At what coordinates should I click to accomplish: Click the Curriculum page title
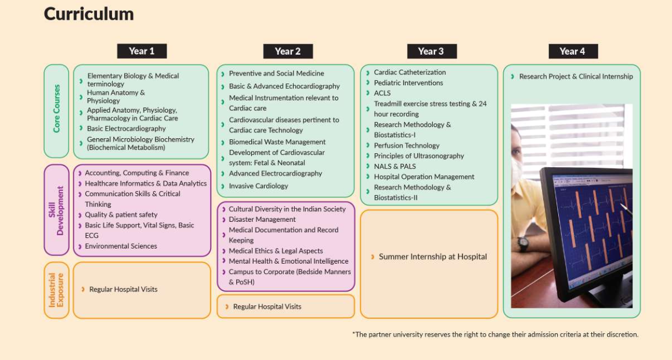coord(89,14)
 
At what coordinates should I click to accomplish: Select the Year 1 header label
coord(142,51)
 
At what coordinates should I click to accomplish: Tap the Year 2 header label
coord(288,52)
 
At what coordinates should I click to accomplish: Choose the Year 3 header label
coord(432,52)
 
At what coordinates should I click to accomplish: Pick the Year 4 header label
coord(573,52)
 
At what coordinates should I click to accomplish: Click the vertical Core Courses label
coord(56,109)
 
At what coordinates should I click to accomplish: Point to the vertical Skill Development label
coord(56,210)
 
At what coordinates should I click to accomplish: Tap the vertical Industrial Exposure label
coord(56,290)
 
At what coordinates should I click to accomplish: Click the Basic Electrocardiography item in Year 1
coord(126,128)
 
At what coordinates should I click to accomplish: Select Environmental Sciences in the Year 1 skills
coord(121,246)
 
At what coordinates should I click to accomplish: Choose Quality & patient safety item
coord(121,215)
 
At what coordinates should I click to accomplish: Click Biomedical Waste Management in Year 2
coord(277,142)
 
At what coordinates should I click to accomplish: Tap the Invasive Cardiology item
coord(258,186)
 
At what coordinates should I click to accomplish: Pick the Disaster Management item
coord(262,219)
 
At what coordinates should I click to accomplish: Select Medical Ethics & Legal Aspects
coord(276,251)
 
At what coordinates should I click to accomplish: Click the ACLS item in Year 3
coord(382,93)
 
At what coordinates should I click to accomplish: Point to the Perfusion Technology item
coord(406,145)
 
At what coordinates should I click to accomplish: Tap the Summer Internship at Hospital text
coord(432,257)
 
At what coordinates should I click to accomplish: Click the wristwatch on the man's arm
coord(523,244)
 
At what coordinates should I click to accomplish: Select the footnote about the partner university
coord(495,334)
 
